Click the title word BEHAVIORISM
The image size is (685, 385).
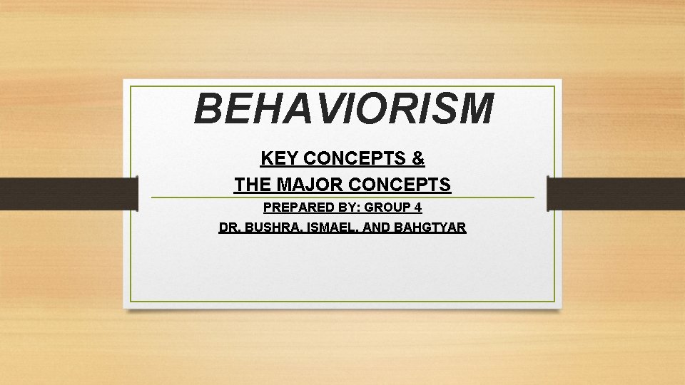343,109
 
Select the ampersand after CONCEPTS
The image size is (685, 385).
418,158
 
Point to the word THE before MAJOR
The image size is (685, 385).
253,185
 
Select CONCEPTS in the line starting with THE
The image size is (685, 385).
400,185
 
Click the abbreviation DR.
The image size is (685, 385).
229,228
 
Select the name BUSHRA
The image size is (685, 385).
270,228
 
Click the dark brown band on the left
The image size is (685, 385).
68,194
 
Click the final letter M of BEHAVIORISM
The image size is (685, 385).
472,109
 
